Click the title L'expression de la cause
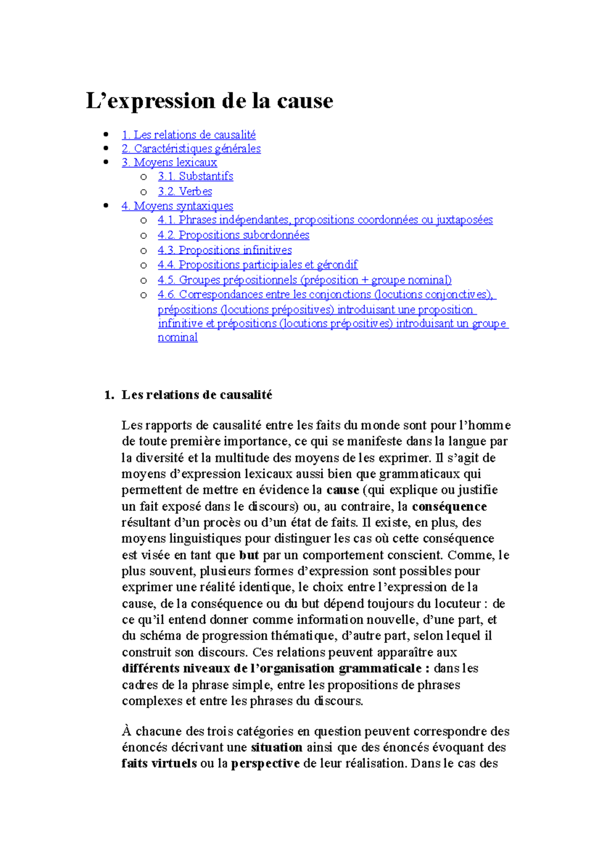click(209, 101)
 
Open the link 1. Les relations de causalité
click(189, 135)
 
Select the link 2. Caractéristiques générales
click(191, 149)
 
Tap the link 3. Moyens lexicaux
click(169, 163)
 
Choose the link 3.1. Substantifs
click(195, 176)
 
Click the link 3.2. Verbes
click(185, 191)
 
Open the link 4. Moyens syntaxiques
click(177, 206)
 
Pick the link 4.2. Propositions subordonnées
click(233, 235)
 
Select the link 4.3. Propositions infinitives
click(225, 250)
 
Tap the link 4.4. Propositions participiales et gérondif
click(258, 265)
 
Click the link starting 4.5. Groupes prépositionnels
click(304, 280)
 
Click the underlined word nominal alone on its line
click(178, 338)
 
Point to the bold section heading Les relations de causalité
click(197, 395)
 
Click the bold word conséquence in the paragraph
click(449, 506)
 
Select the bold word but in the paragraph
click(249, 555)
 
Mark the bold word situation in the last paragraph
click(277, 747)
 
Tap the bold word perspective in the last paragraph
click(265, 763)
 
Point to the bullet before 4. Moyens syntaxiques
click(105, 206)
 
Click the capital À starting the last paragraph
click(126, 731)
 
